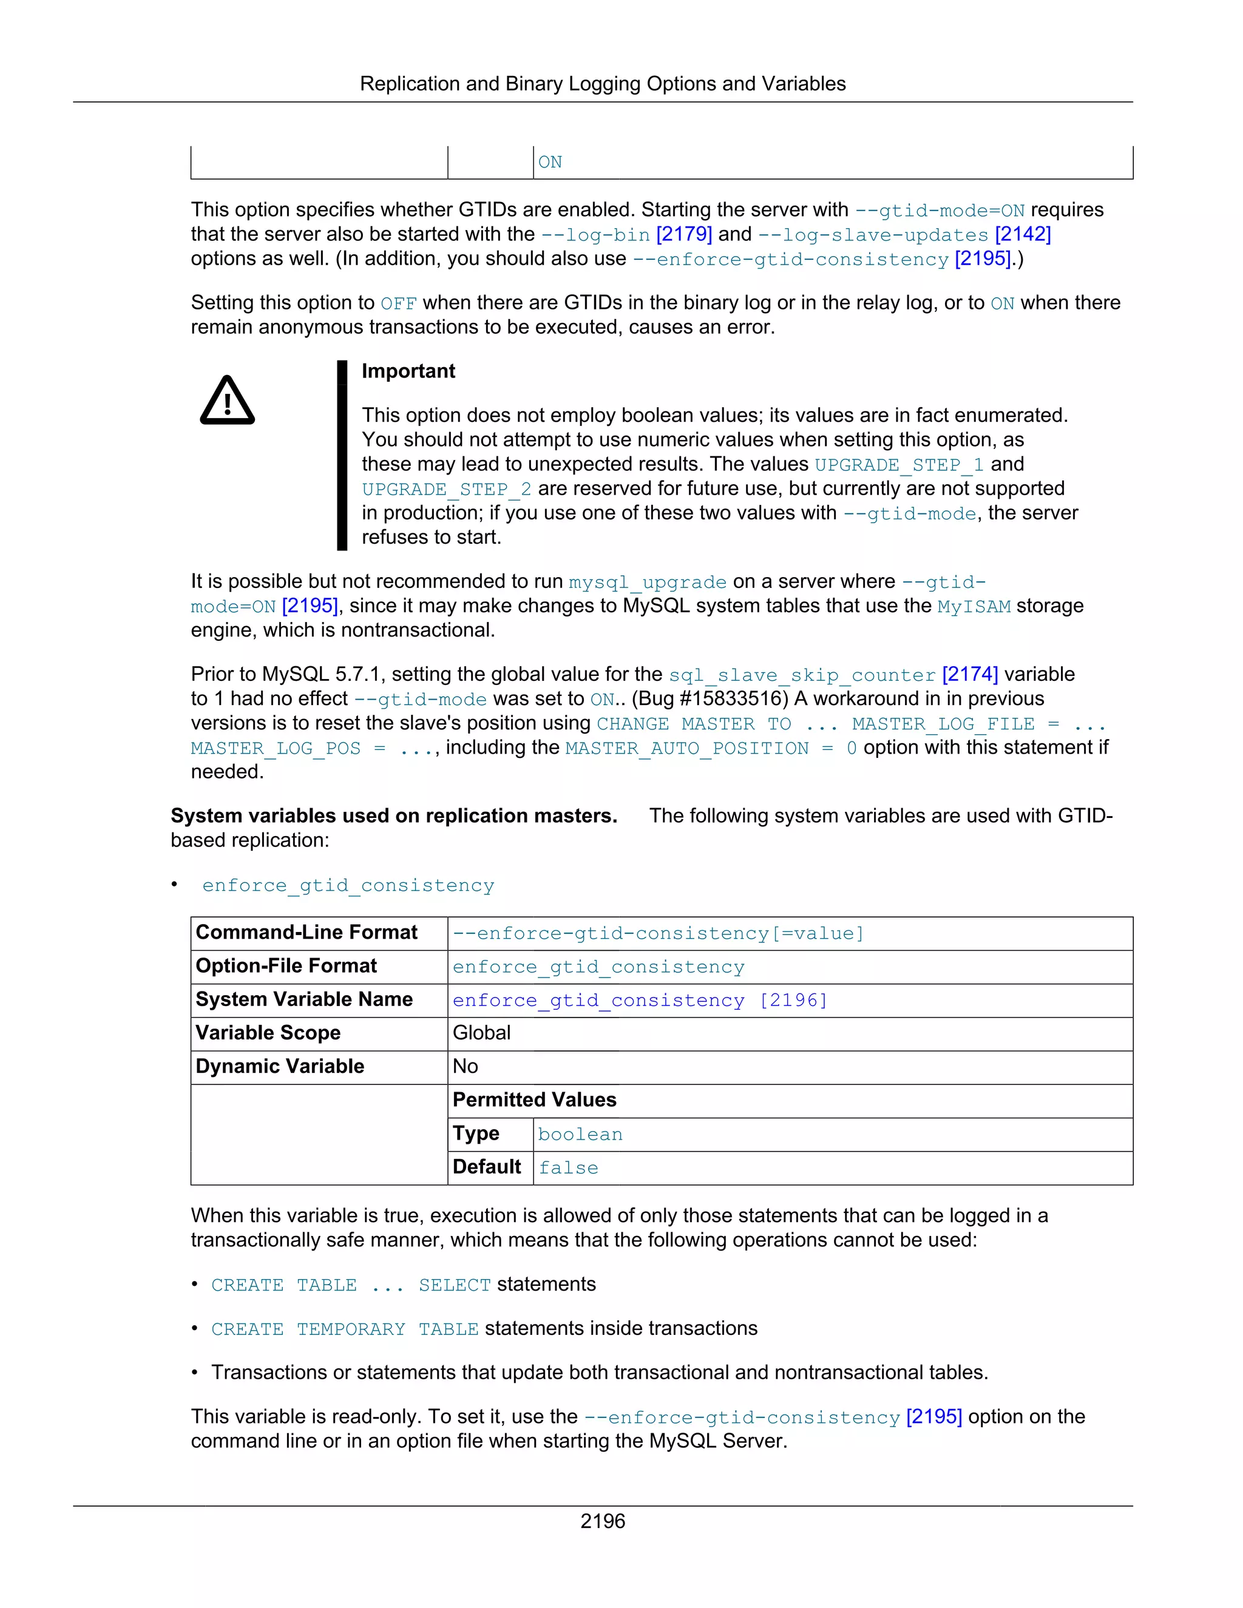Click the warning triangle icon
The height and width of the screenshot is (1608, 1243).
click(x=228, y=401)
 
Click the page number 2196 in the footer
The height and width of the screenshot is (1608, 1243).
click(x=602, y=1521)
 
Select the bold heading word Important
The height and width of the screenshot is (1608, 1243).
click(x=408, y=371)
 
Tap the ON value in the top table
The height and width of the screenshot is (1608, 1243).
click(x=550, y=163)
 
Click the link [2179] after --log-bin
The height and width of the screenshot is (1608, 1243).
click(x=683, y=234)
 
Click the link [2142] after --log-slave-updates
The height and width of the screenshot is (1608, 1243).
click(x=1022, y=234)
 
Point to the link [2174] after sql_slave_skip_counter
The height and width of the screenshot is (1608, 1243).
click(x=970, y=674)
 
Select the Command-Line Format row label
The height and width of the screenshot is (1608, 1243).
click(x=307, y=933)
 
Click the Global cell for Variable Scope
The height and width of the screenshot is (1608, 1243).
click(x=481, y=1033)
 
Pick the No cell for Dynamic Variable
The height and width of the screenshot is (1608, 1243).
click(x=466, y=1066)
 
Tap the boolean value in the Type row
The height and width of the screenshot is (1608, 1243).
click(x=580, y=1135)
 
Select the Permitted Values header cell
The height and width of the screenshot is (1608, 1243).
click(x=535, y=1100)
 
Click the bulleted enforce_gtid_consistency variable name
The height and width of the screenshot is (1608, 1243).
click(x=348, y=886)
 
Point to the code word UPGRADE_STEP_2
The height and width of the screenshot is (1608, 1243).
click(x=446, y=490)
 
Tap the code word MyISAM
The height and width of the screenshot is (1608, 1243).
click(x=974, y=607)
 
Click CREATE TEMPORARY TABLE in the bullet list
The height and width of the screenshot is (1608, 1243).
click(x=345, y=1329)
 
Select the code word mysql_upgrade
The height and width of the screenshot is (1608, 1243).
click(x=647, y=583)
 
